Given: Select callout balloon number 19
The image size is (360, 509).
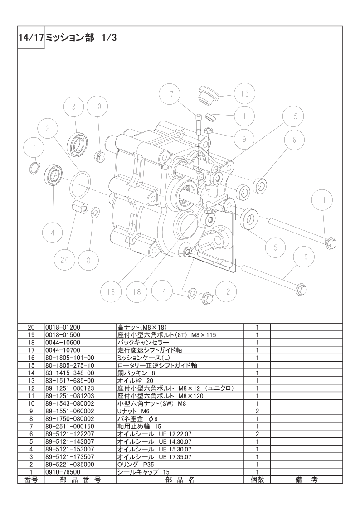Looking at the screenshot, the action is click(x=304, y=257).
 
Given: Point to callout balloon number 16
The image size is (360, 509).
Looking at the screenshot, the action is click(x=111, y=291).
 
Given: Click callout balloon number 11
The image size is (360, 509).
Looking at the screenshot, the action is click(x=322, y=200).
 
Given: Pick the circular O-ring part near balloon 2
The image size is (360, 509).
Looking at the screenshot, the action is click(x=80, y=185).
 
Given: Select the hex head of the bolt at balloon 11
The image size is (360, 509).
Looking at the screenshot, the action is click(x=331, y=243).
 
